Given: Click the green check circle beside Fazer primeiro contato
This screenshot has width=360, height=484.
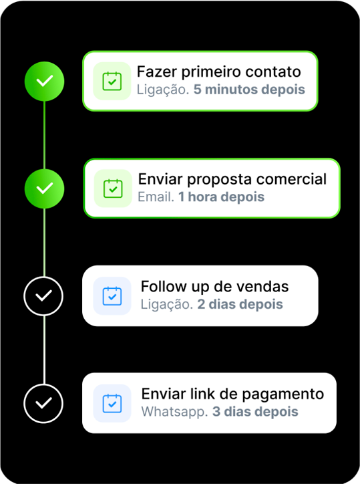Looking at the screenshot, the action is pyautogui.click(x=45, y=81).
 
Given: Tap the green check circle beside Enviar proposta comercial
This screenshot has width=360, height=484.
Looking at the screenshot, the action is pyautogui.click(x=45, y=189).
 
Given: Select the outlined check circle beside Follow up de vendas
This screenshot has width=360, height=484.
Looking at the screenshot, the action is pyautogui.click(x=43, y=296).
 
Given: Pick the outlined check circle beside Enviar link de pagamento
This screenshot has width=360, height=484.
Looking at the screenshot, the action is pyautogui.click(x=43, y=403).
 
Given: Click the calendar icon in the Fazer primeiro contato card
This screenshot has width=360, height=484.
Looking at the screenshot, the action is pyautogui.click(x=112, y=81).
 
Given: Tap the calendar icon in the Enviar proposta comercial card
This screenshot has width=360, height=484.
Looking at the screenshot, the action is pyautogui.click(x=113, y=189).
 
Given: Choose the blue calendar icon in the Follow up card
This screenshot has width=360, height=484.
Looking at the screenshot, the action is pyautogui.click(x=112, y=296).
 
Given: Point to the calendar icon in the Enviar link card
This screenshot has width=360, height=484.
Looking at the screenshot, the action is pyautogui.click(x=112, y=403).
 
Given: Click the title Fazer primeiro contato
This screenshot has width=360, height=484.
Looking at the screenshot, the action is pyautogui.click(x=218, y=72).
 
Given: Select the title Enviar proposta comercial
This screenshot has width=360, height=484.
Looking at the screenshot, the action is pyautogui.click(x=232, y=179).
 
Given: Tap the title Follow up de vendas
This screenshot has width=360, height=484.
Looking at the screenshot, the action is pyautogui.click(x=214, y=287).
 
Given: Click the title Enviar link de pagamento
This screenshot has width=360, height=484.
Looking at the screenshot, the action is pyautogui.click(x=232, y=394).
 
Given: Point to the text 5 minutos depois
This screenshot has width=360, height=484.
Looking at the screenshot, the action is pyautogui.click(x=249, y=90).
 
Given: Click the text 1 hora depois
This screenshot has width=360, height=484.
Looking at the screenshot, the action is pyautogui.click(x=222, y=197).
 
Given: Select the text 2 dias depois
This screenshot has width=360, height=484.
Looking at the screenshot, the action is pyautogui.click(x=240, y=304).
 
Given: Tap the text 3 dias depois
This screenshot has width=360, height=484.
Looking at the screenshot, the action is pyautogui.click(x=255, y=412).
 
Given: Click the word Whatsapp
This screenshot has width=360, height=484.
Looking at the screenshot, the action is pyautogui.click(x=174, y=412).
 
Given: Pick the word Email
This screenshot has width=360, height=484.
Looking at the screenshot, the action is pyautogui.click(x=156, y=197).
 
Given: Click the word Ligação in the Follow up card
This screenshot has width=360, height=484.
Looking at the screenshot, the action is pyautogui.click(x=167, y=305).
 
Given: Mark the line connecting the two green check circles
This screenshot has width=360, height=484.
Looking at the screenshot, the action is pyautogui.click(x=45, y=135).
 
